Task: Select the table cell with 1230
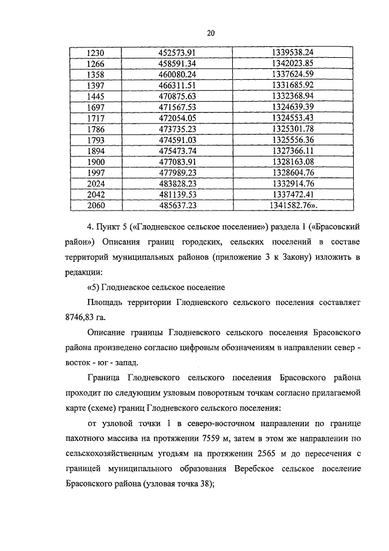[97, 52]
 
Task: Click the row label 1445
[97, 96]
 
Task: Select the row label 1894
[97, 151]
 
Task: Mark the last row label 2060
[97, 206]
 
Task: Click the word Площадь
[104, 301]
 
